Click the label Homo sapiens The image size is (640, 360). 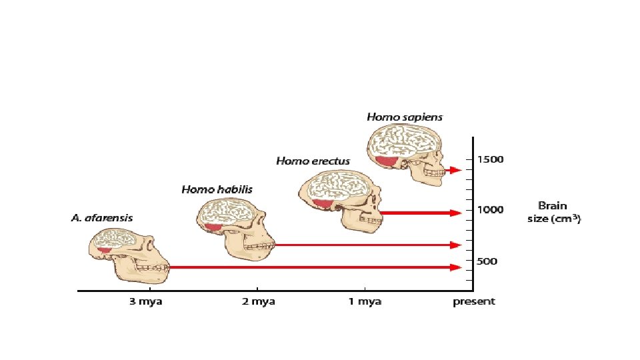[x=404, y=117]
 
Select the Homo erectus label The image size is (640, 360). [x=312, y=161]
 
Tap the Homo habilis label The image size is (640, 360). [x=217, y=190]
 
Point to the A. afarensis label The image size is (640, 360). [x=101, y=218]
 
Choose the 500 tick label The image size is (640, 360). [x=487, y=261]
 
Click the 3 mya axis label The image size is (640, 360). [x=145, y=302]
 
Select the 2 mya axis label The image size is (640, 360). [x=258, y=302]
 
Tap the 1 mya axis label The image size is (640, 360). [x=365, y=302]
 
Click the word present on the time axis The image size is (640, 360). [x=474, y=302]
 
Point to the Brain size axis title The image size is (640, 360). [x=553, y=212]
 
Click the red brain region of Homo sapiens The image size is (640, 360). [x=386, y=161]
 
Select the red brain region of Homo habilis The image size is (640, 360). [x=214, y=228]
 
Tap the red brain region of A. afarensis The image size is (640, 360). [x=104, y=250]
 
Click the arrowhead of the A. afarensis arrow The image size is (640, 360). [x=456, y=267]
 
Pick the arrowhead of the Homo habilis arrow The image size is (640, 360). [x=456, y=245]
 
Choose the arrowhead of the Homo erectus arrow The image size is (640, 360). [x=456, y=213]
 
